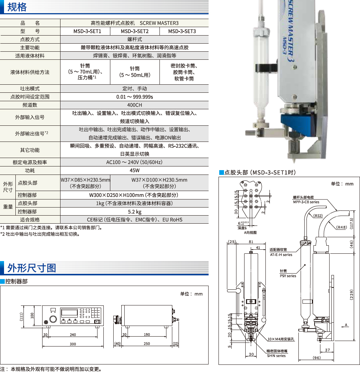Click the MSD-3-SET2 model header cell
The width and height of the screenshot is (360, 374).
(135, 31)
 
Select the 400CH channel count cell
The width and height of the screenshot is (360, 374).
(135, 105)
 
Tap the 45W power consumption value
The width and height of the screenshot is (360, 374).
(135, 170)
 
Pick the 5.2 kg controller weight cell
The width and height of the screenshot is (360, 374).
(135, 212)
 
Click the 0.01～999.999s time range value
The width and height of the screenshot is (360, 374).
(135, 97)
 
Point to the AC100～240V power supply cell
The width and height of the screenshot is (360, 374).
(135, 162)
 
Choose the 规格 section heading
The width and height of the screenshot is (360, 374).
(17, 7)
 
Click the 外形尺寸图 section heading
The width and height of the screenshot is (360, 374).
(32, 268)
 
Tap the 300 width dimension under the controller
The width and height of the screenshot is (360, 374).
(73, 344)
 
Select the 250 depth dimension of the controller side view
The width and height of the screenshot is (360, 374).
(147, 344)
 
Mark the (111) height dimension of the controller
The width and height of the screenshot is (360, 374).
(21, 316)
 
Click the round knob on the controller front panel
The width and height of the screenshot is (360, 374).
(53, 319)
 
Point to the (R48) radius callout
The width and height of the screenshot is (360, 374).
(341, 227)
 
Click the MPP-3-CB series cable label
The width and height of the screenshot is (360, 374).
(306, 202)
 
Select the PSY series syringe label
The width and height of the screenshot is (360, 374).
(288, 276)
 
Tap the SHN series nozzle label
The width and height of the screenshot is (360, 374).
(276, 356)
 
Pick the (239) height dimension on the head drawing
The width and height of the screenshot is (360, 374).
(351, 295)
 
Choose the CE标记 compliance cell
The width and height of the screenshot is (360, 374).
(135, 220)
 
